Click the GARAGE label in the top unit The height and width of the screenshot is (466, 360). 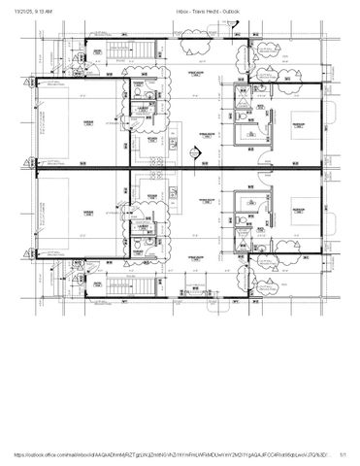87,123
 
